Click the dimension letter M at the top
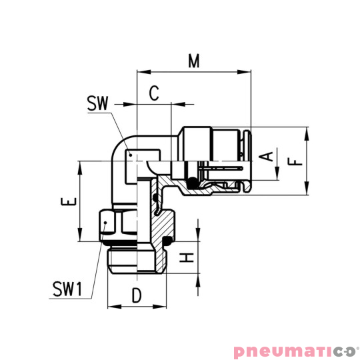tap(194, 61)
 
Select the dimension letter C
tap(153, 93)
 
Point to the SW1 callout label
tap(67, 290)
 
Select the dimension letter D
tap(136, 295)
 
